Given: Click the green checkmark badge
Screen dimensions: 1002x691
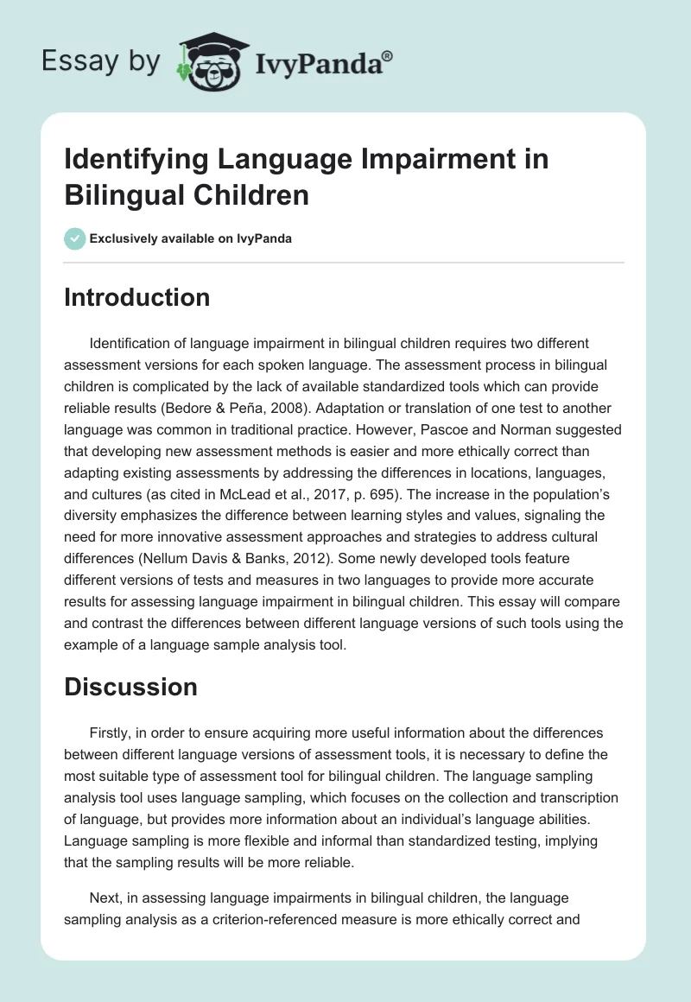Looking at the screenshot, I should point(74,238).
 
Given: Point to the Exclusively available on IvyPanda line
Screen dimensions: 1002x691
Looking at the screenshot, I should point(189,238).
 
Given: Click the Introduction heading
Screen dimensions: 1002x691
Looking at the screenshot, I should point(136,297).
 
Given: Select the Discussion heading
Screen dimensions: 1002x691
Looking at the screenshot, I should point(130,687).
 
